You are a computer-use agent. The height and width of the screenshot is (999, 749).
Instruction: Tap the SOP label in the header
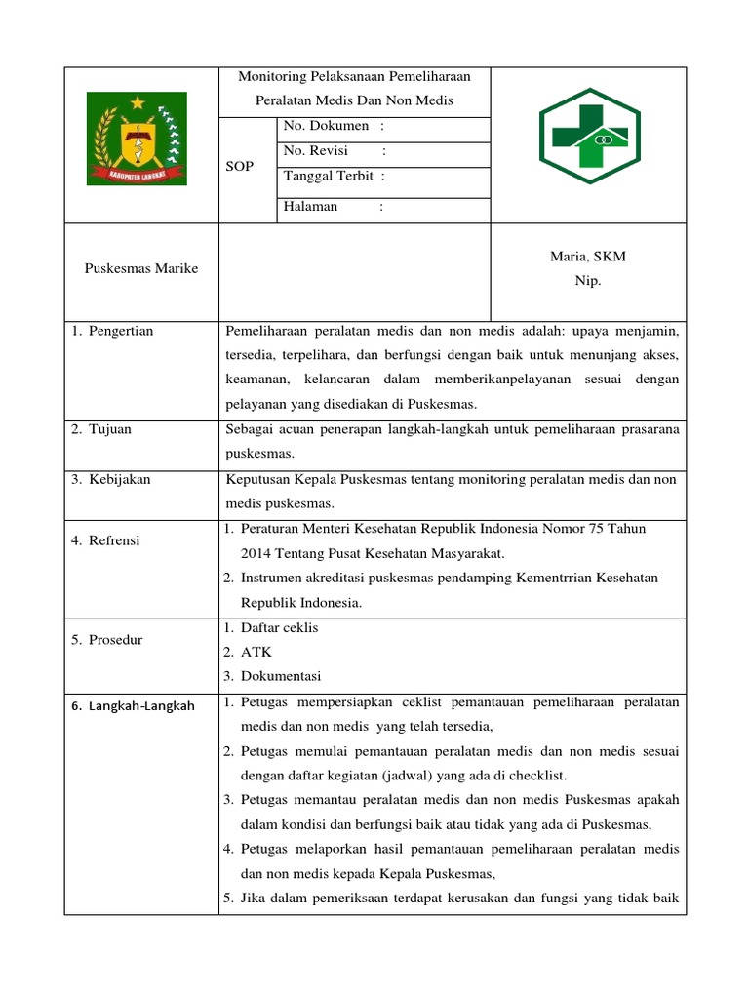point(240,167)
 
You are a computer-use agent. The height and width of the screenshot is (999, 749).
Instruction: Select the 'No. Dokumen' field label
point(327,126)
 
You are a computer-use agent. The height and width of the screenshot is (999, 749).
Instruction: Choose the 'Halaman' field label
point(310,207)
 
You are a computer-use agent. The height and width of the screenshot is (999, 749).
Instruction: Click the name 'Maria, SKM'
point(588,258)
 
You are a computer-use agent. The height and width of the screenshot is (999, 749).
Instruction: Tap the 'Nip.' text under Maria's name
point(588,281)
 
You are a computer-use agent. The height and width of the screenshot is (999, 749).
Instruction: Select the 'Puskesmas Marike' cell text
point(141,269)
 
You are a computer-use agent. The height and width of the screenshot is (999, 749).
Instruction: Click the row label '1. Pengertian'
point(112,332)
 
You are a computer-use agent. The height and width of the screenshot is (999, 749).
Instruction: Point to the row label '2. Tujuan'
point(102,430)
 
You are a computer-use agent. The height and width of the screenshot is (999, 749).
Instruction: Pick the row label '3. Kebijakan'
point(111,480)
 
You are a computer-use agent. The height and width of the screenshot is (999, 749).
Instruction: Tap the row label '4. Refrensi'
point(105,540)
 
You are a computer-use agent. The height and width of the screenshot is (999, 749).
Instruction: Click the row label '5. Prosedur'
point(108,640)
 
